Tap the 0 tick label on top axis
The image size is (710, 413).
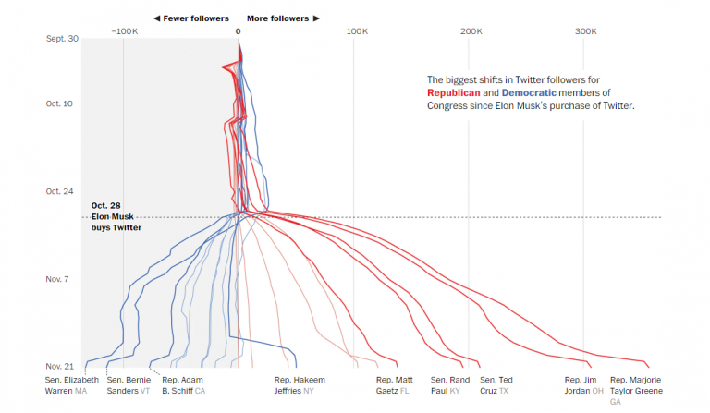239,31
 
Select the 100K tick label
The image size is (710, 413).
357,31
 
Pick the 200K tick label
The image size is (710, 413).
471,31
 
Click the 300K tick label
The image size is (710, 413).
585,31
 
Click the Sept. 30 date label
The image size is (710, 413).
62,38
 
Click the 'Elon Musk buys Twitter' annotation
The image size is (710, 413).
116,216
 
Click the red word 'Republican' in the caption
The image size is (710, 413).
457,93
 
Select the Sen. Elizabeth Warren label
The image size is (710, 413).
71,385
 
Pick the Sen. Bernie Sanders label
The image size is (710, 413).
129,385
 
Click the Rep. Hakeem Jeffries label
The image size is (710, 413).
300,385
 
